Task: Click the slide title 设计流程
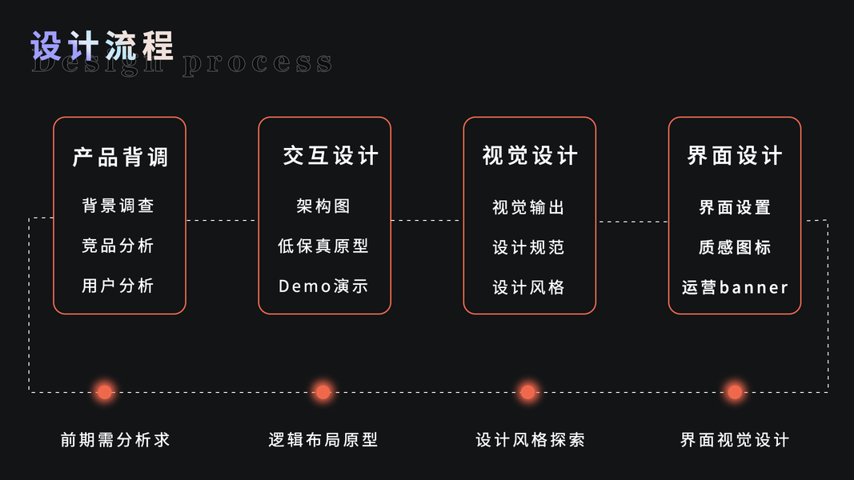click(x=102, y=46)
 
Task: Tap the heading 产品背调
click(x=120, y=157)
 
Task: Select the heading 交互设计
click(x=330, y=155)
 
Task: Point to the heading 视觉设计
click(x=530, y=155)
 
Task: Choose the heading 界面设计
click(x=735, y=155)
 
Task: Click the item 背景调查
click(x=118, y=206)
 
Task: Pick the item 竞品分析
click(x=118, y=246)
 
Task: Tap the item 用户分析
click(x=118, y=286)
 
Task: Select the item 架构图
click(x=323, y=206)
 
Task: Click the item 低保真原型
click(x=323, y=246)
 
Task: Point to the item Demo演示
click(x=323, y=286)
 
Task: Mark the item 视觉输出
click(x=528, y=207)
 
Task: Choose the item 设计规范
click(x=528, y=247)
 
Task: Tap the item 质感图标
click(x=735, y=247)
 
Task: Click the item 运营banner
click(x=735, y=287)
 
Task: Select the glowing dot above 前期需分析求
click(x=104, y=391)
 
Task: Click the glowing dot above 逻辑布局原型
click(x=323, y=391)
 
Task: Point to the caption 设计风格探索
click(x=530, y=440)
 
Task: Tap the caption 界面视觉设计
click(x=735, y=440)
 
